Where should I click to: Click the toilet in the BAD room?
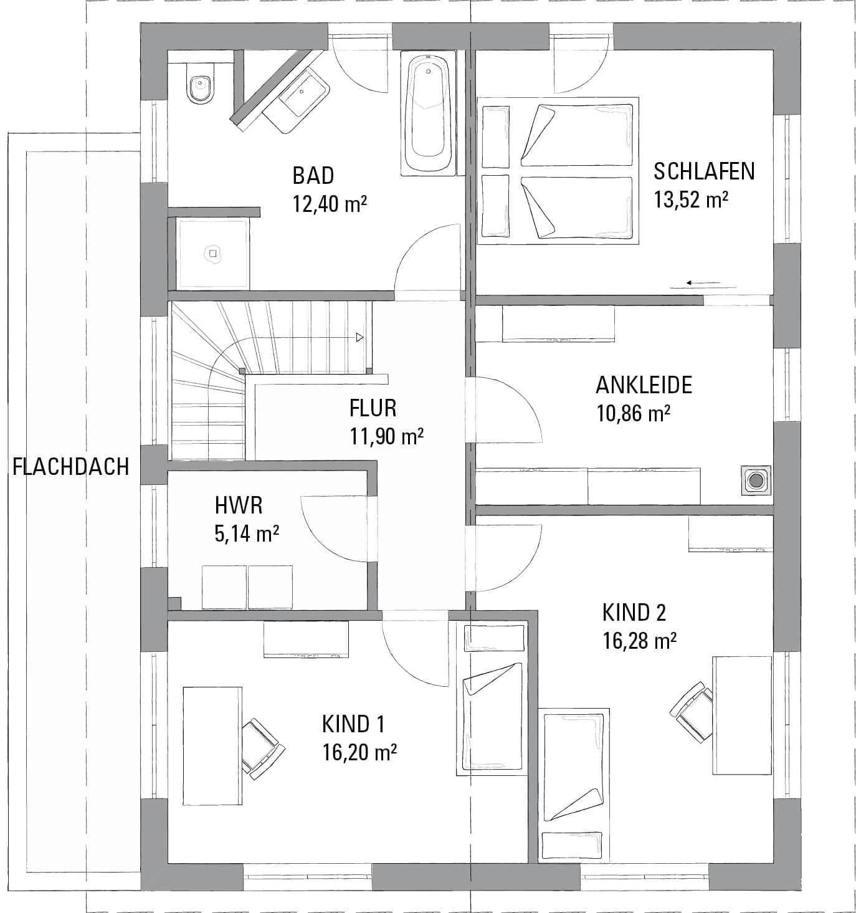pos(201,84)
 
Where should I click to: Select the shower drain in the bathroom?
pos(213,254)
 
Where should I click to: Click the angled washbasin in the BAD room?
pos(297,99)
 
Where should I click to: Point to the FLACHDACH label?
pos(70,467)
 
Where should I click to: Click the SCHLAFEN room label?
pos(704,171)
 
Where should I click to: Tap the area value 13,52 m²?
pos(690,199)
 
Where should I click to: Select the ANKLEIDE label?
pos(644,385)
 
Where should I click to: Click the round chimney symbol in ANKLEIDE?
pos(755,481)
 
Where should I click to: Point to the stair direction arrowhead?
pos(359,337)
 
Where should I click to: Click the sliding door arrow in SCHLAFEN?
pos(703,282)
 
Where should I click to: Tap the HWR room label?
pos(238,505)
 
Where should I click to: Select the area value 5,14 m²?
pos(247,533)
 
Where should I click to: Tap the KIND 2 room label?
pos(634,612)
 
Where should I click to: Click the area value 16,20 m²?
pos(359,752)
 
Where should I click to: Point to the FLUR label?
pos(373,408)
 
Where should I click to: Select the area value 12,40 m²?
pos(330,203)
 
